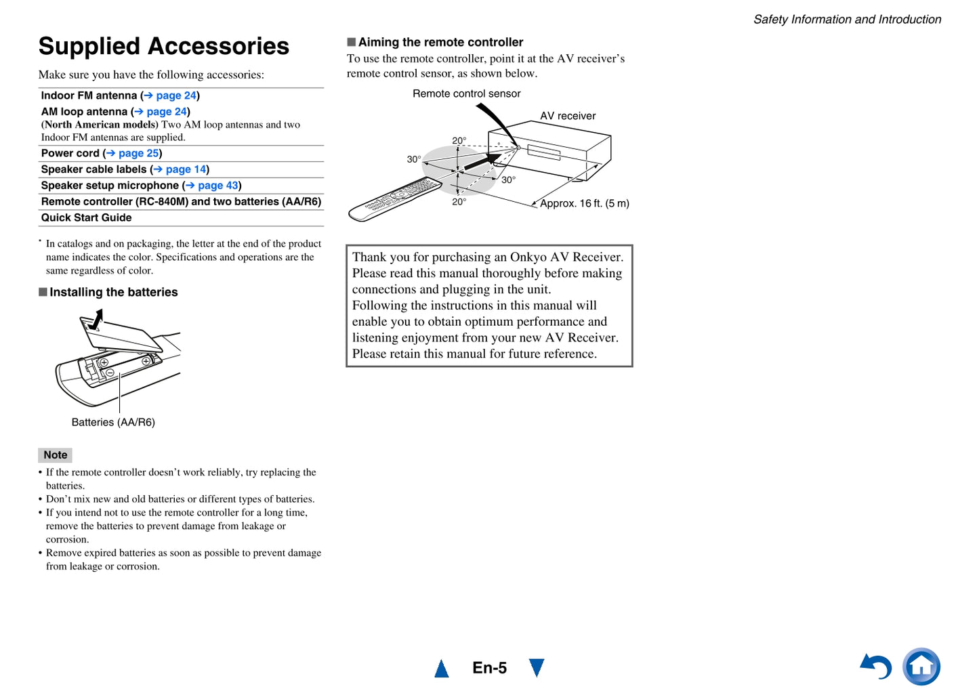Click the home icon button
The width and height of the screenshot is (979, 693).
point(921,667)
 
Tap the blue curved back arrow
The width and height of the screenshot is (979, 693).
point(877,667)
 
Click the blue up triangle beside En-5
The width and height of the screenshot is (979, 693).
point(442,669)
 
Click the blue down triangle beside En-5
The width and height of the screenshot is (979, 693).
point(537,667)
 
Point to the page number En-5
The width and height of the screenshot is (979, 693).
point(489,668)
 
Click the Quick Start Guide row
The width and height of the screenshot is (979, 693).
point(87,217)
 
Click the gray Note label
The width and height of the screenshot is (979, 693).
point(55,455)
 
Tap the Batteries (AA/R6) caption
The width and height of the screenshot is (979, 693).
point(113,422)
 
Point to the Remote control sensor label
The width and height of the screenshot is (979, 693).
point(466,93)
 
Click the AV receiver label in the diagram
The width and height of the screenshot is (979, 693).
point(568,116)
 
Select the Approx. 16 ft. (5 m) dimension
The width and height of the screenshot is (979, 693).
point(584,203)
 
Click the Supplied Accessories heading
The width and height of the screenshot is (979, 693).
point(163,46)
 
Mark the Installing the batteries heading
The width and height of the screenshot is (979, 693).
point(113,292)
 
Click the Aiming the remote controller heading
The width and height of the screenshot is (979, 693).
point(440,42)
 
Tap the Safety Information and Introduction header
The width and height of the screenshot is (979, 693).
point(847,20)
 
